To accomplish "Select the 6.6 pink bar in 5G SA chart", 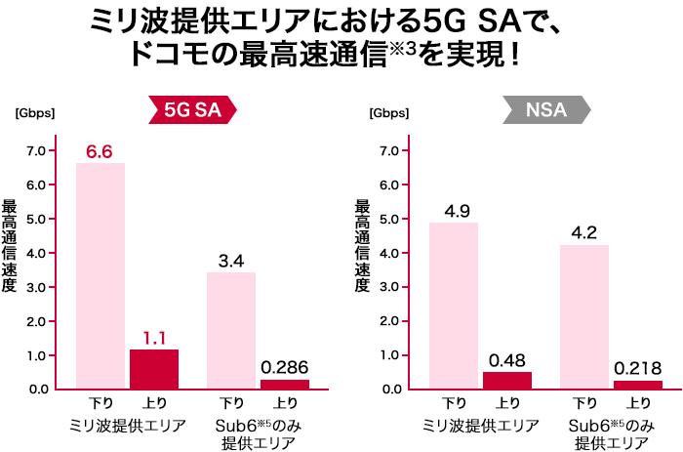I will coord(100,275).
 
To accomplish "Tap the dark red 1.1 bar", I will coord(154,369).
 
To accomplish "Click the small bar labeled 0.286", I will coord(285,384).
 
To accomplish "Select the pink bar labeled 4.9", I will coord(454,305).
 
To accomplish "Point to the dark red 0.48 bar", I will coord(507,380).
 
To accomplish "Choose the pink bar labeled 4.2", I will coord(584,316).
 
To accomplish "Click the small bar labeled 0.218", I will coord(638,385).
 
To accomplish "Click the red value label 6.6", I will coord(100,151).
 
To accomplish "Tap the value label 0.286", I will coord(285,368).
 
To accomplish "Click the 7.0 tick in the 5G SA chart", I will coord(36,150).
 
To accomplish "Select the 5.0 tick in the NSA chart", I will coord(390,219).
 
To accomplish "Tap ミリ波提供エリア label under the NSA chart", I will coord(480,426).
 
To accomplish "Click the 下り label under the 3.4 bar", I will coord(231,403).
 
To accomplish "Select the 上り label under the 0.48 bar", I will coord(507,403).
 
